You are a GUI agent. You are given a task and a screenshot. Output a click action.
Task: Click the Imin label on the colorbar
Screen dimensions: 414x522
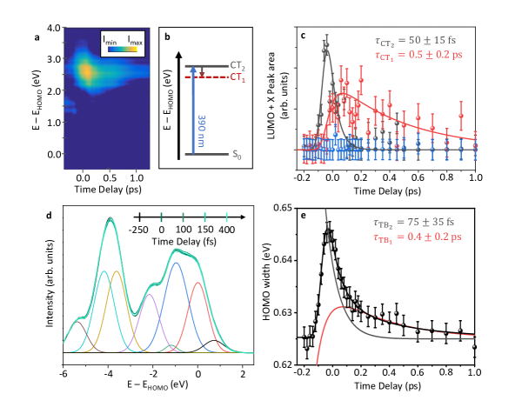pos(111,41)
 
